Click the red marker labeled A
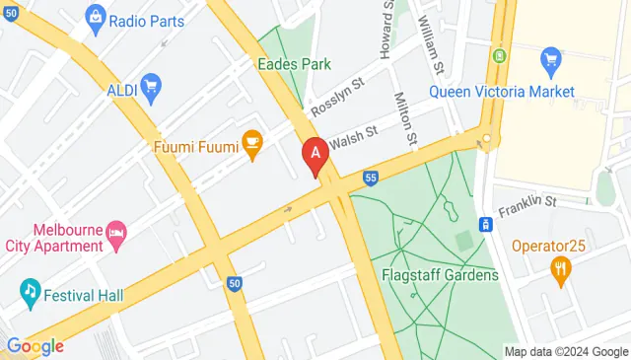pos(315,155)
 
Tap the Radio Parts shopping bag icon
pos(95,16)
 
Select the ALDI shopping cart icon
pos(151,88)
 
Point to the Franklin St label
pos(527,201)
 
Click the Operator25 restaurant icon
pos(561,269)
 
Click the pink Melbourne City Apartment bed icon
pos(117,233)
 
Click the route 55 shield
pos(370,178)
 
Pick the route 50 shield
pos(234,283)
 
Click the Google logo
pos(34,346)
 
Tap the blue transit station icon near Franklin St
pos(485,224)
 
